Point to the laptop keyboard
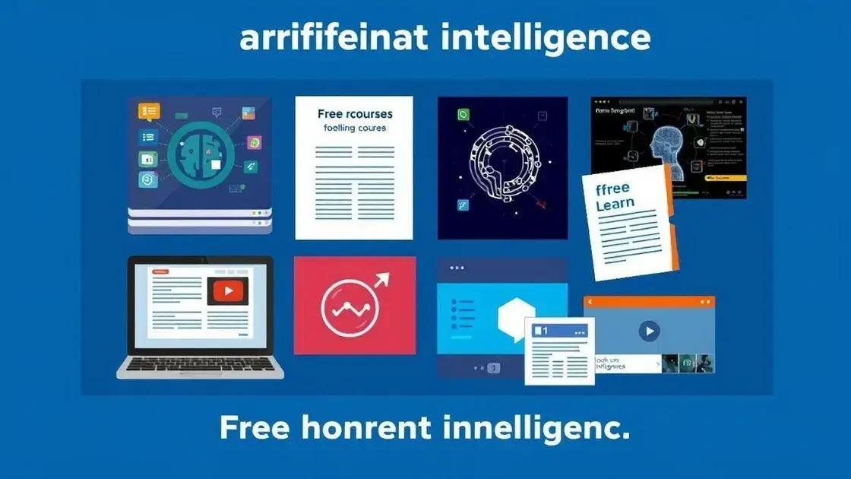(201, 364)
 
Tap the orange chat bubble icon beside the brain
(149, 112)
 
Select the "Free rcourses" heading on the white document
(355, 114)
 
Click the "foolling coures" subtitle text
(355, 128)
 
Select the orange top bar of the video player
(649, 303)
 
